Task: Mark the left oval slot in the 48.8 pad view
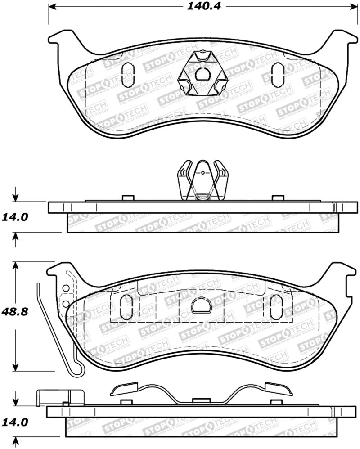127,307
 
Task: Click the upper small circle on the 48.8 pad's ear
66,288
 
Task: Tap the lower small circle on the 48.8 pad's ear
66,304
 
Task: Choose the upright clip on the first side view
201,180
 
